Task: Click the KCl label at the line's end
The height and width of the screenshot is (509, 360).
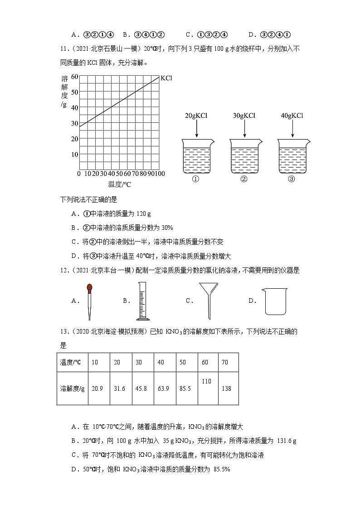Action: [x=166, y=78]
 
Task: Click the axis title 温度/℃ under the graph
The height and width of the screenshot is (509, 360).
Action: [x=120, y=184]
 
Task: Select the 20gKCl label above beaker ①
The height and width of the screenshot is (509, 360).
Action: [x=196, y=116]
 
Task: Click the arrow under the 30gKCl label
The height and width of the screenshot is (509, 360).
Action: [x=244, y=129]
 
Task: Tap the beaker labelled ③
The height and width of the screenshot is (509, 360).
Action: [x=292, y=156]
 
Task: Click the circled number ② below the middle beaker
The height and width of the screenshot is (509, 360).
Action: [x=244, y=179]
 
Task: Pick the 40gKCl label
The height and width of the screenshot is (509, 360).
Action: [x=292, y=116]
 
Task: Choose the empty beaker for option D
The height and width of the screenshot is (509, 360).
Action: [x=275, y=302]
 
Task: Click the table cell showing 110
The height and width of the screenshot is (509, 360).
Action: [x=206, y=382]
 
